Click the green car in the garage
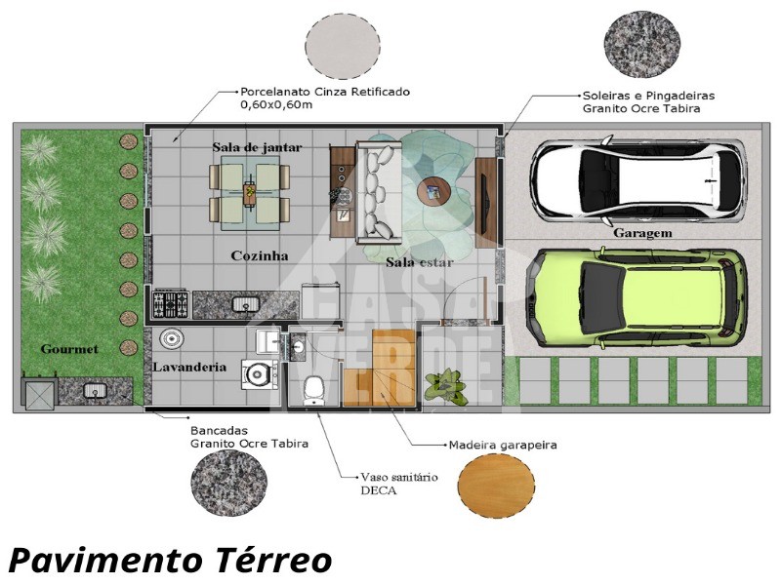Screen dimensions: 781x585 637,297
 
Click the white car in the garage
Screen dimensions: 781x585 637,179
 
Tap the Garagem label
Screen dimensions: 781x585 642,233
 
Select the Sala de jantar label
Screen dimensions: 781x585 257,147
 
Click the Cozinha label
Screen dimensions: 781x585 260,255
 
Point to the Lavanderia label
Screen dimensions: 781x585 189,368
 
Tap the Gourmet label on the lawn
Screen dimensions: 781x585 69,349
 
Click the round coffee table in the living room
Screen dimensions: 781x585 433,191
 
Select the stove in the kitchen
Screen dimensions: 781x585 170,303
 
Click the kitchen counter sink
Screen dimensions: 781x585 246,303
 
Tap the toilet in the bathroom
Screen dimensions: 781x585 313,389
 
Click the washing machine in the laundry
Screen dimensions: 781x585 260,374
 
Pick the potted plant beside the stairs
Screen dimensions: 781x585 446,385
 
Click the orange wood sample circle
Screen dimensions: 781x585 496,487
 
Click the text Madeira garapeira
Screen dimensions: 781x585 503,445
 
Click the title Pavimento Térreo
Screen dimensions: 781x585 170,560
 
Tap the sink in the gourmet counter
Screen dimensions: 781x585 95,390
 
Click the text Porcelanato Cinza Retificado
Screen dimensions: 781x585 325,92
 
